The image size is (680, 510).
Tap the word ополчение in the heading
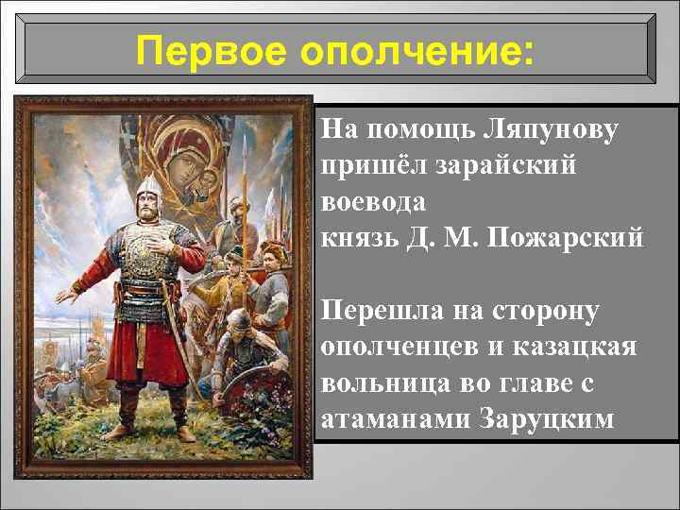415,48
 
